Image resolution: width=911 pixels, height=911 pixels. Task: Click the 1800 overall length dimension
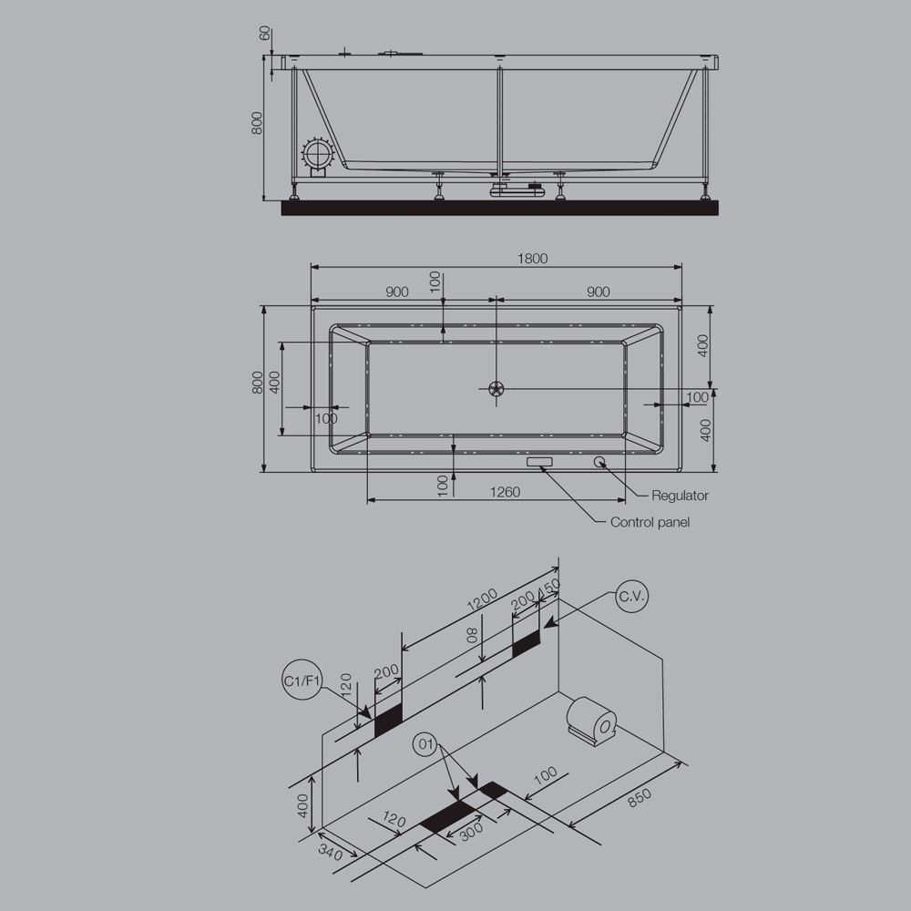pos(533,259)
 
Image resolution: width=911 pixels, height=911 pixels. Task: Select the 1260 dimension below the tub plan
pos(505,493)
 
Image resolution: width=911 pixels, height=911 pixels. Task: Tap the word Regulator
pos(680,496)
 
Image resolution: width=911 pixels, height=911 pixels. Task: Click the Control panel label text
pos(650,522)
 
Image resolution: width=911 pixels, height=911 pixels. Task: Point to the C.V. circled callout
pos(631,598)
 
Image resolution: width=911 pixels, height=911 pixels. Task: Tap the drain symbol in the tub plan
pos(496,389)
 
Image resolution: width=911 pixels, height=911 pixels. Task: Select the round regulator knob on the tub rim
pos(601,461)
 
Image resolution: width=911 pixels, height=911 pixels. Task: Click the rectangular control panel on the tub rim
pos(540,462)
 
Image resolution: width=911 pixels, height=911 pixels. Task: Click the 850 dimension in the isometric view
pos(639,797)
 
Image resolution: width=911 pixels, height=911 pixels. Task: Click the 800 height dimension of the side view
pos(257,124)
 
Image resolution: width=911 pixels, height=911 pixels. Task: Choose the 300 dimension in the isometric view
pos(470,830)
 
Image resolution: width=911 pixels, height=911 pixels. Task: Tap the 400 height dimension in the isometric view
pos(303,802)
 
